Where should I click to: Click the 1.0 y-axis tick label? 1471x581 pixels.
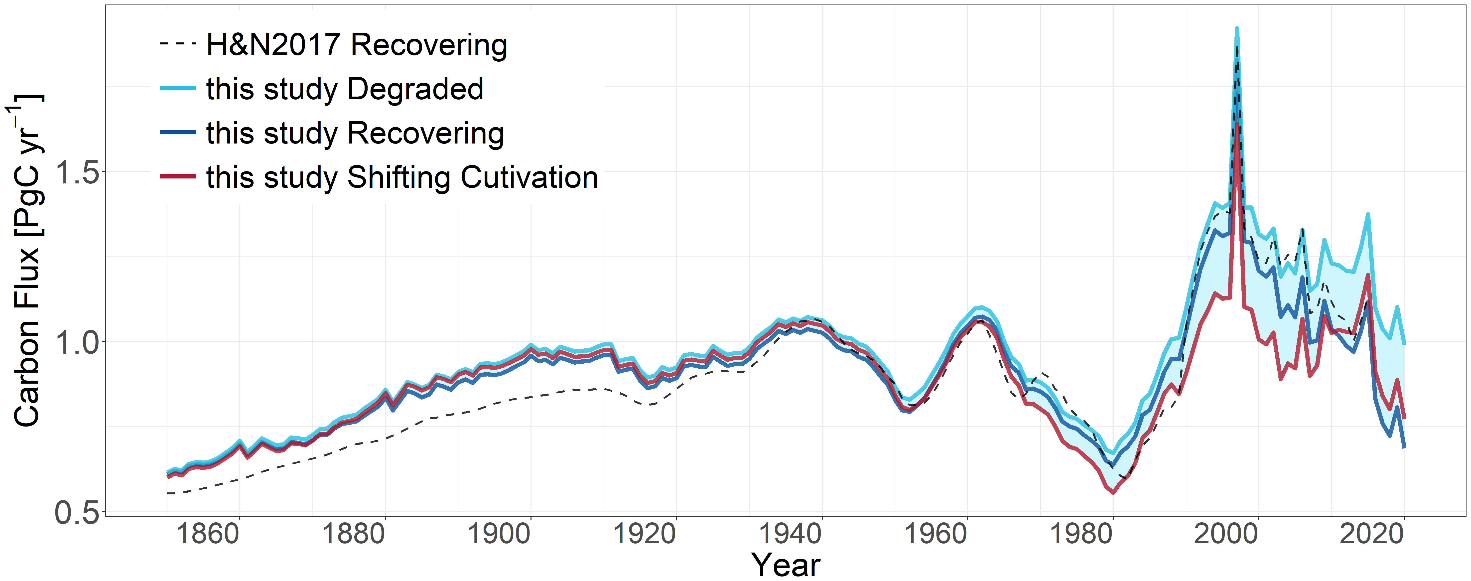(77, 343)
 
